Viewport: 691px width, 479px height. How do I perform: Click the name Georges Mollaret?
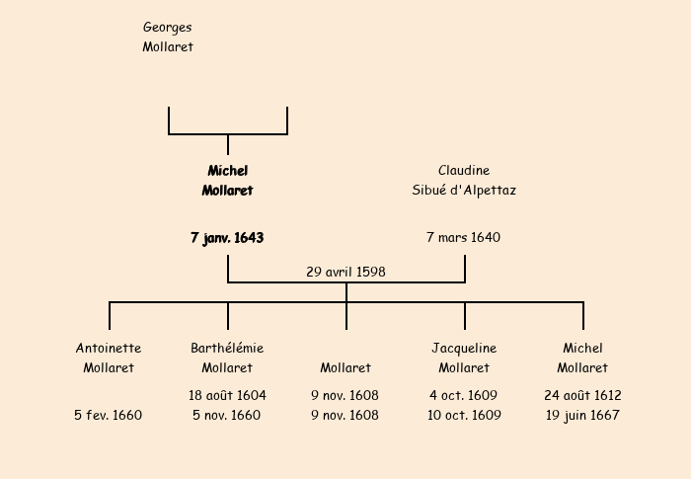click(168, 37)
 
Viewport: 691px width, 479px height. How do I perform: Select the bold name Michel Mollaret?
click(227, 181)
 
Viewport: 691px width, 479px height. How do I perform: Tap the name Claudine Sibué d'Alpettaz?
click(464, 181)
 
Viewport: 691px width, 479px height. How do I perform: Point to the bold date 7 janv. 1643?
click(227, 238)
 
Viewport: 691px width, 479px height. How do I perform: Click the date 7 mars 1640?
click(464, 238)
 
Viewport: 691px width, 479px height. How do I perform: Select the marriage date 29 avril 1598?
click(345, 272)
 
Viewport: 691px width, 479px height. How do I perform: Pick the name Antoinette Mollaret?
click(109, 358)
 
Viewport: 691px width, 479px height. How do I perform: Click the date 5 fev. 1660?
click(109, 415)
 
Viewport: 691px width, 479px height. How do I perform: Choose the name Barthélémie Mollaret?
click(227, 358)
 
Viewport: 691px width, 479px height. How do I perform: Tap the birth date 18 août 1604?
click(227, 395)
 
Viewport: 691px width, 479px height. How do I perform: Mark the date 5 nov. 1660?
click(227, 415)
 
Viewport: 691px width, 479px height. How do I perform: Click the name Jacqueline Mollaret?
click(464, 358)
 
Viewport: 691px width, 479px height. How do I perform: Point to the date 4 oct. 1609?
click(464, 395)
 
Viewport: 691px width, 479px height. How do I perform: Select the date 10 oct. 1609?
click(464, 415)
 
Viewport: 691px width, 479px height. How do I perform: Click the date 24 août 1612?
click(582, 395)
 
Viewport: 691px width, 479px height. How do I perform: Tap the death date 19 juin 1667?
click(582, 415)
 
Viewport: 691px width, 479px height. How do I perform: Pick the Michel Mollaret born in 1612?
click(582, 358)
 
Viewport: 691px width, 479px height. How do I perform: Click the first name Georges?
click(168, 28)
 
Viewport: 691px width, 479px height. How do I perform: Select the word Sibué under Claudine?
click(430, 191)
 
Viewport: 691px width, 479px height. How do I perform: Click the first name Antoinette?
click(109, 348)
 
